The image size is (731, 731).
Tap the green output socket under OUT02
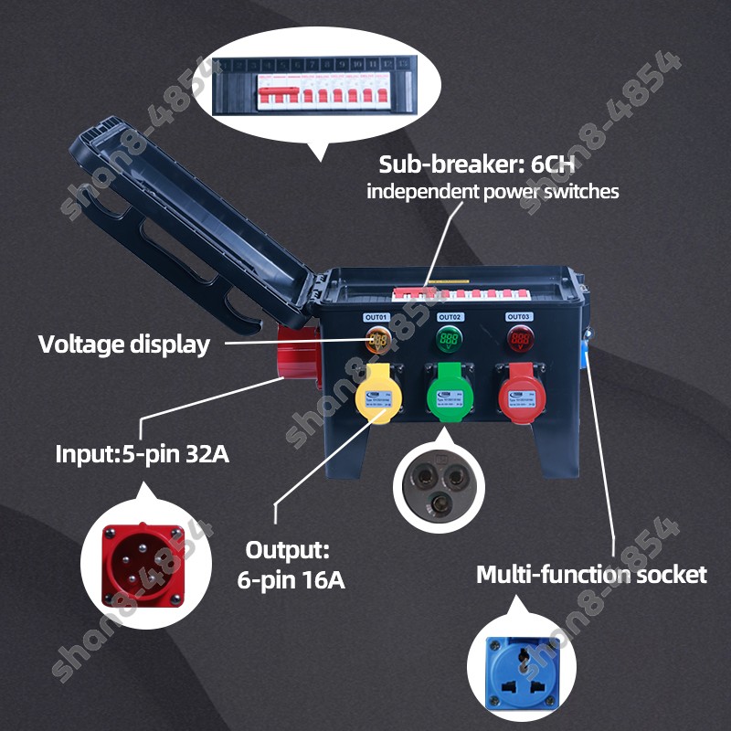tap(448, 394)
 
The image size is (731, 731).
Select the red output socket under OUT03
tap(518, 394)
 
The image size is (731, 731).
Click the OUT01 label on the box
tap(376, 317)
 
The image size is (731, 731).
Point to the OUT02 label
tap(449, 317)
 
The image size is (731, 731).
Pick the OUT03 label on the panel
tap(519, 317)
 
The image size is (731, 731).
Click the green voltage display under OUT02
tap(449, 341)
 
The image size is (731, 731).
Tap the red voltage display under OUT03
tap(520, 342)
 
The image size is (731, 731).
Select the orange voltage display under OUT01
tap(377, 342)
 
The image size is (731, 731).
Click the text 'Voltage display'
tap(123, 344)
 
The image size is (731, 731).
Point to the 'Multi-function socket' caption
tap(591, 575)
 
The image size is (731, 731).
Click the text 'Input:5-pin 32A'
tap(142, 454)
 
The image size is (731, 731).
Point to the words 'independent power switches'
tap(493, 192)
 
